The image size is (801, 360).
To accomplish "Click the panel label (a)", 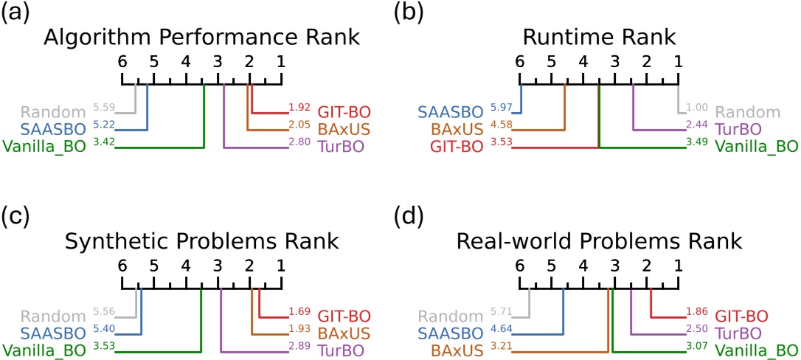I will tap(17, 13).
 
